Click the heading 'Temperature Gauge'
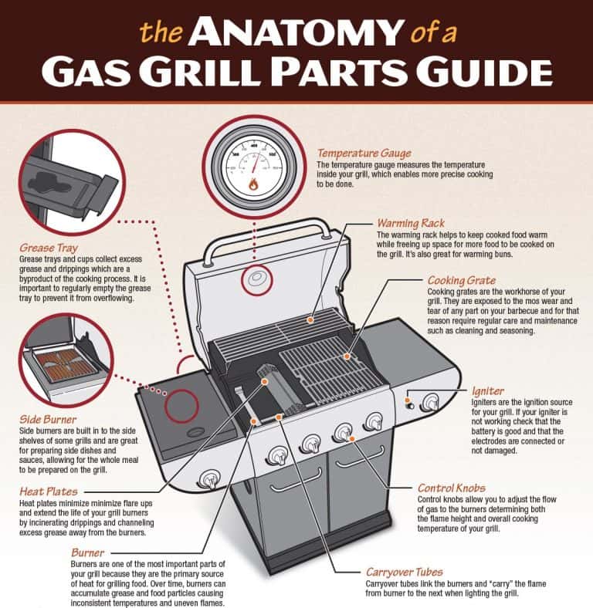point(364,154)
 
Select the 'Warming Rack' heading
point(410,223)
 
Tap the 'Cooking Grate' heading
point(461,280)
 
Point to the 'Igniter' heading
point(487,391)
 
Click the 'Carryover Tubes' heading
point(404,572)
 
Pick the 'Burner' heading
point(87,552)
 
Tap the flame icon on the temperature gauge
point(252,184)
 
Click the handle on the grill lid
point(263,226)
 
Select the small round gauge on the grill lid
point(256,280)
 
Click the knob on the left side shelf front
point(208,478)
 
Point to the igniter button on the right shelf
point(410,402)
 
